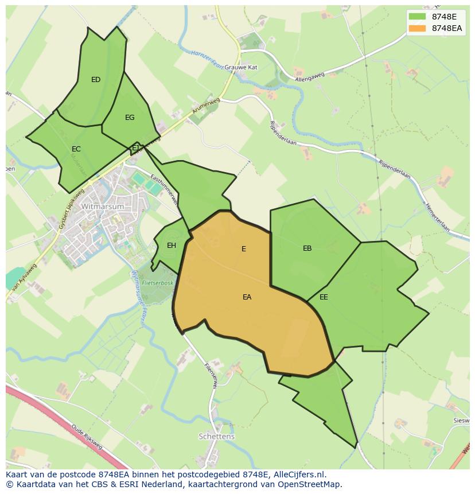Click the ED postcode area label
[x=96, y=80]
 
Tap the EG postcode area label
[x=130, y=118]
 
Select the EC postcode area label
[x=76, y=149]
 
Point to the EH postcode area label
[x=172, y=246]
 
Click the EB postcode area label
[x=307, y=248]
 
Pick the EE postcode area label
[x=324, y=297]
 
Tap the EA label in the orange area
[x=247, y=297]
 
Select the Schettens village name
[x=217, y=437]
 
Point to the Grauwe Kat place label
[x=241, y=67]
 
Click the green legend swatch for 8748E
[x=418, y=16]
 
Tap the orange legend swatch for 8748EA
[x=418, y=28]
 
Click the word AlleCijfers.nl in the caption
[x=299, y=474]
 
